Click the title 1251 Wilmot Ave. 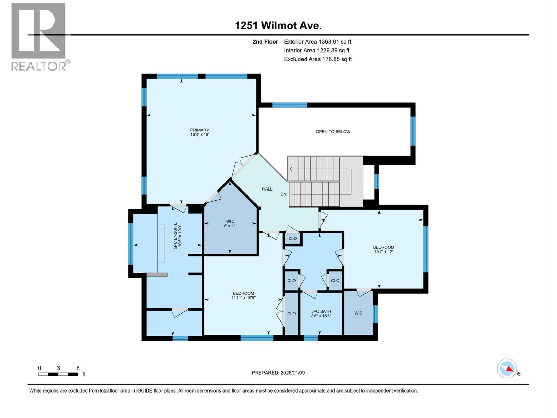[x=278, y=25]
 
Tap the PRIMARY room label [x=199, y=132]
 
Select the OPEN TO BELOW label [x=333, y=132]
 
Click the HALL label [x=267, y=189]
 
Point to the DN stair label [x=283, y=194]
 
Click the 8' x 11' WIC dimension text [x=230, y=226]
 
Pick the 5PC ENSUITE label [x=178, y=235]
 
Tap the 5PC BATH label [x=321, y=313]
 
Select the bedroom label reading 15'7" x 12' [x=383, y=249]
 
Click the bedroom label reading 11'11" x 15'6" [x=243, y=295]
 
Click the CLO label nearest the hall [x=292, y=239]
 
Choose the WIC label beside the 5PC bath [x=359, y=313]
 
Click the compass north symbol [x=507, y=369]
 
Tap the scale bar [x=58, y=374]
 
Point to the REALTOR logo [x=39, y=37]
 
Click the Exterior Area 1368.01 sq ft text [x=317, y=42]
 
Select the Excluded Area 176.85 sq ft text [x=317, y=59]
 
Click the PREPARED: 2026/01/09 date [x=278, y=373]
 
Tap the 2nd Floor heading [x=265, y=42]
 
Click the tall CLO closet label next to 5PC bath [x=291, y=314]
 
